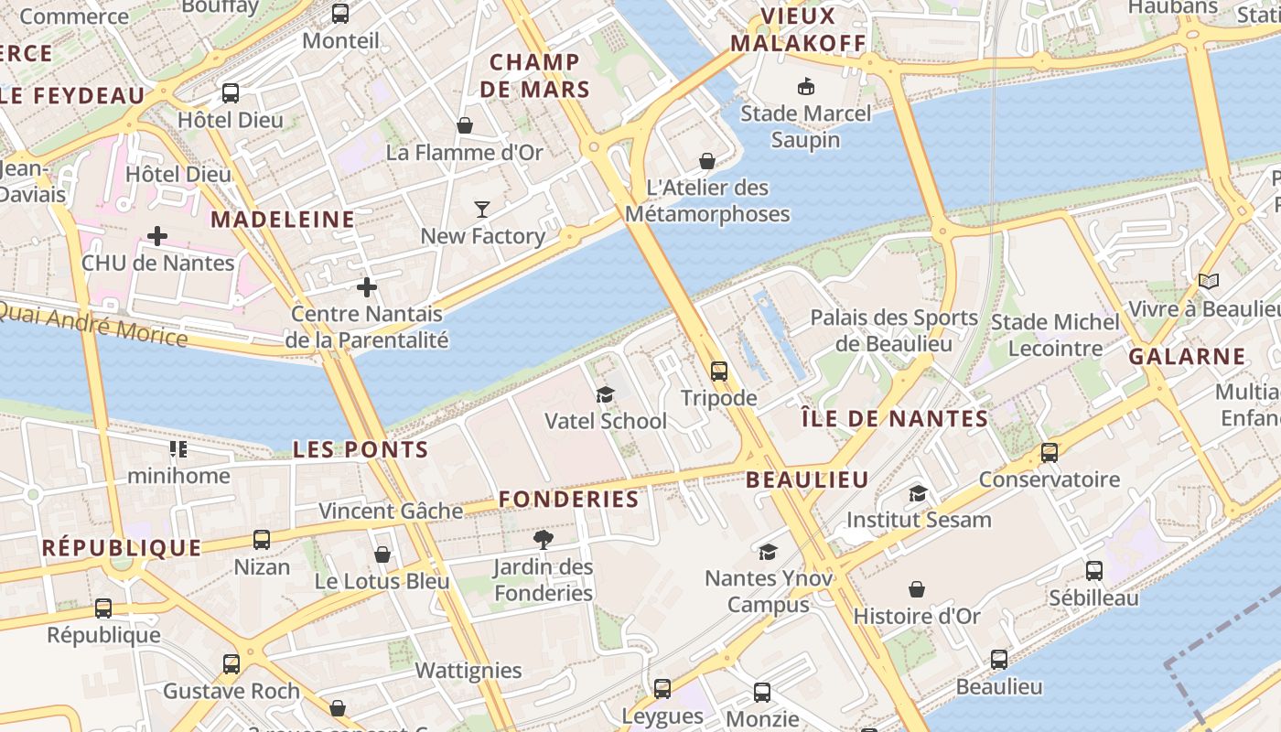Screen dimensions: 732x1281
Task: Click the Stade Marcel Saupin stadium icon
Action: (x=806, y=87)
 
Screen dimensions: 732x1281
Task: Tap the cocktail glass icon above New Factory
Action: (x=482, y=209)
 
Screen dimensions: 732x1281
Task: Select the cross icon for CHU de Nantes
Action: (x=157, y=236)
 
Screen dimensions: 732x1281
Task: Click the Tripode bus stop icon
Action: (x=719, y=371)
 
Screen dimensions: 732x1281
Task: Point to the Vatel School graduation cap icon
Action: (x=605, y=394)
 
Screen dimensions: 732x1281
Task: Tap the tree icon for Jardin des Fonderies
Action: (x=544, y=539)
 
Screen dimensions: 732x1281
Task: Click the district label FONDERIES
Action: (x=568, y=500)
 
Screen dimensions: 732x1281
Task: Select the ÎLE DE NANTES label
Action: (x=894, y=419)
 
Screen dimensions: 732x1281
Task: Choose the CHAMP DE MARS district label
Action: (x=534, y=76)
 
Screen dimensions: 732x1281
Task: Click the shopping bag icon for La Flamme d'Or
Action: (x=465, y=125)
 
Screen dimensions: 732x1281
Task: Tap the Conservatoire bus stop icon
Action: (x=1050, y=452)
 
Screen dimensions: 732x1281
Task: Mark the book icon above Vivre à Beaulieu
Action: (x=1209, y=281)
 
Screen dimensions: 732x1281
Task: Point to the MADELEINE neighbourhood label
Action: (x=283, y=220)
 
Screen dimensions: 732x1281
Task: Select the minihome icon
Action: (x=178, y=448)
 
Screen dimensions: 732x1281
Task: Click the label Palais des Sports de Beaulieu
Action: (x=894, y=331)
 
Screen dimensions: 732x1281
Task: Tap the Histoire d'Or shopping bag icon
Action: (x=917, y=589)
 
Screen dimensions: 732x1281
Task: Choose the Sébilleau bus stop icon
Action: (x=1093, y=571)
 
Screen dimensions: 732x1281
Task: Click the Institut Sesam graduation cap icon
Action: (x=918, y=493)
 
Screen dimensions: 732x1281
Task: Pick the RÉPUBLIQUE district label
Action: (x=122, y=548)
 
